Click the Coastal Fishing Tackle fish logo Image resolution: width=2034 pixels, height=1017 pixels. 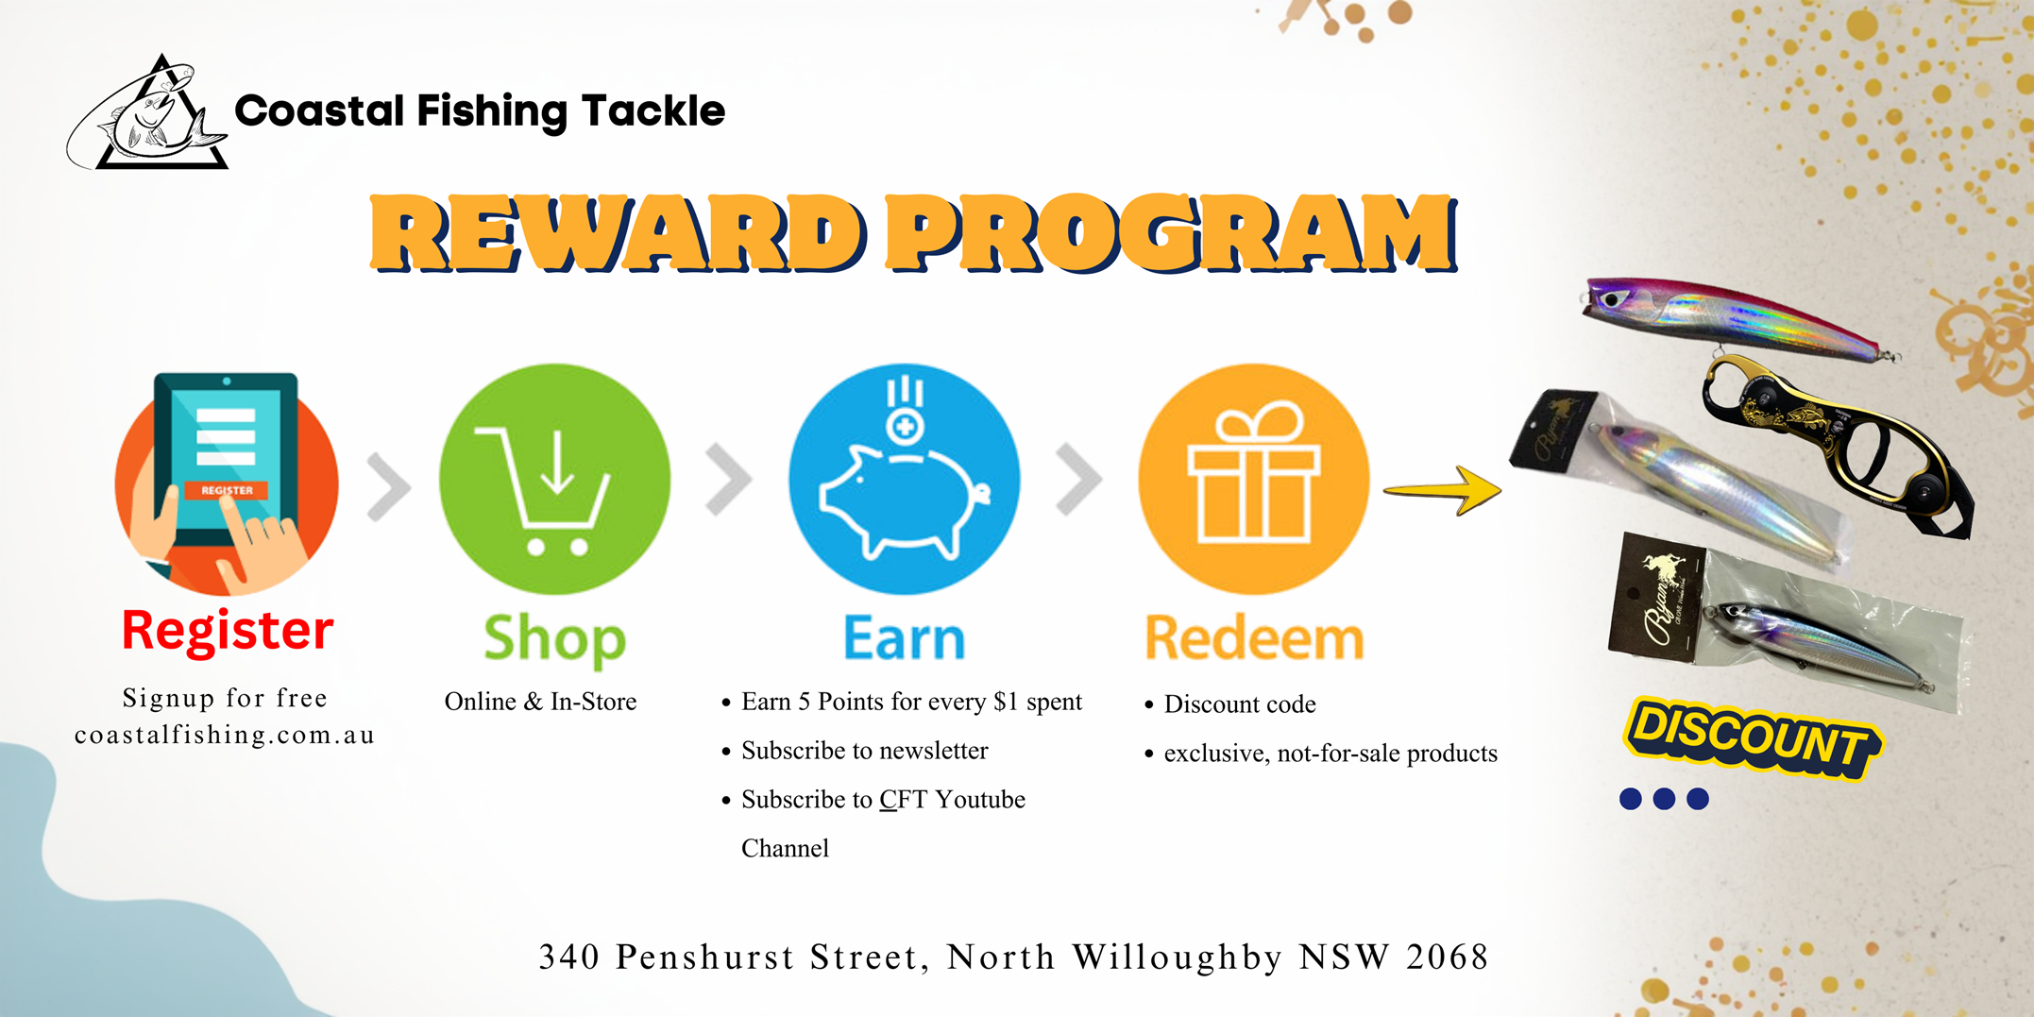pos(147,113)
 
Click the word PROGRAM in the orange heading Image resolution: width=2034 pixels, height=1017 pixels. pos(1171,232)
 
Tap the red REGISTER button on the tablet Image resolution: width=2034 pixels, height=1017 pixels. pos(227,490)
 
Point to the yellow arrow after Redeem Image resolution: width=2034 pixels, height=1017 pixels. pos(1442,490)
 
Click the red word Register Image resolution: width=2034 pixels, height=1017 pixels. pos(228,630)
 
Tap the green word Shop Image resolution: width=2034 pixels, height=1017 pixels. pos(554,639)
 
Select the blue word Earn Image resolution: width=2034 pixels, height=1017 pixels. pos(904,638)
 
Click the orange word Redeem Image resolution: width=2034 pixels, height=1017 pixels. pos(1254,638)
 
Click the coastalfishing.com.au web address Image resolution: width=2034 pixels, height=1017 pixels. pos(225,735)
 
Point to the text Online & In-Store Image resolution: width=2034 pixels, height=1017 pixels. pos(540,702)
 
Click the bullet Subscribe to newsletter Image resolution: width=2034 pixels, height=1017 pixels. pos(864,751)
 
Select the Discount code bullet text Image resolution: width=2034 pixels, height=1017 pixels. pos(1240,704)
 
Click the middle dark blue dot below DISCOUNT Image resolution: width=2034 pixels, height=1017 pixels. pos(1664,799)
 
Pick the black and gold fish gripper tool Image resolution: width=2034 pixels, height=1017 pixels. pos(1837,444)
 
